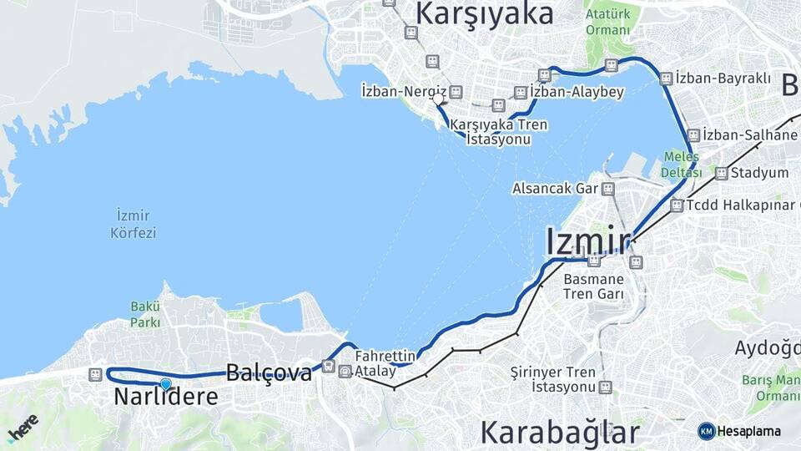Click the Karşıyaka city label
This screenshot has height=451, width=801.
pos(484,14)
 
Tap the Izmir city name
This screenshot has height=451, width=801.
pos(587,241)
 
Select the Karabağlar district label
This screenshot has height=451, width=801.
pos(559,432)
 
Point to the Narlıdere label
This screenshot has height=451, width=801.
pos(165,398)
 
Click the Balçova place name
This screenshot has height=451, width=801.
pos(269,372)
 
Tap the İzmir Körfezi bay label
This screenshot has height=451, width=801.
pos(133,224)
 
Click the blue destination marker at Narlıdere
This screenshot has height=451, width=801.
pos(165,383)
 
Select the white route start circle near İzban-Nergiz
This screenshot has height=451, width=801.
pos(438,99)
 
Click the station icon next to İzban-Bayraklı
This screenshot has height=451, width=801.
pos(666,79)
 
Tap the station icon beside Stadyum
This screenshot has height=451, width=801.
pos(721,174)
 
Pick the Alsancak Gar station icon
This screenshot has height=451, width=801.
pos(608,189)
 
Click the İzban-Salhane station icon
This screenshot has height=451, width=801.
pos(693,134)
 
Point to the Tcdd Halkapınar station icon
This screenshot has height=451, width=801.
pos(676,205)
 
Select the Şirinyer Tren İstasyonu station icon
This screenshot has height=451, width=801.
pos(605,388)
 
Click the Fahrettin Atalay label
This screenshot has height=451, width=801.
pos(385,363)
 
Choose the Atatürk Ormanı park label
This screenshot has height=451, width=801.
pos(607,23)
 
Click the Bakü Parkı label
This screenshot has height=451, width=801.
pos(145,314)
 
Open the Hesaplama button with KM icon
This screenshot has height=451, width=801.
pos(739,431)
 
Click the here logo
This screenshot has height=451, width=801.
pos(23,427)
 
